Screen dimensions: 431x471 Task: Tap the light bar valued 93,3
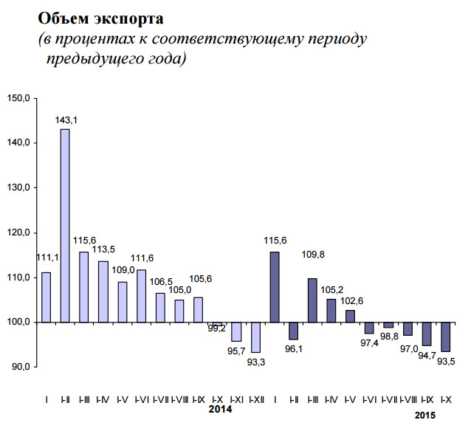point(255,337)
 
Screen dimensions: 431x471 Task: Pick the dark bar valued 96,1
point(293,331)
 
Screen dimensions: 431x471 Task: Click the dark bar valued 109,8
point(312,300)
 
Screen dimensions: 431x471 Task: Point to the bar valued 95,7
point(236,331)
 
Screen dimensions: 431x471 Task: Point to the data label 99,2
point(216,328)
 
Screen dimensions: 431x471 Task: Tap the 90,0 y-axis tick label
point(20,367)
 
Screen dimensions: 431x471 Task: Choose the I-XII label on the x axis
point(255,399)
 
